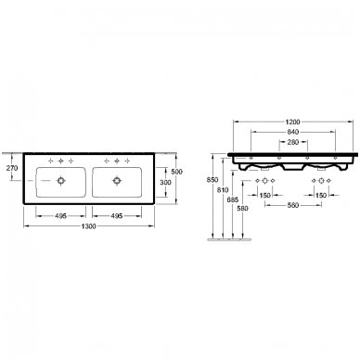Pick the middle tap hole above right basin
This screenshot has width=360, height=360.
point(119,164)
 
